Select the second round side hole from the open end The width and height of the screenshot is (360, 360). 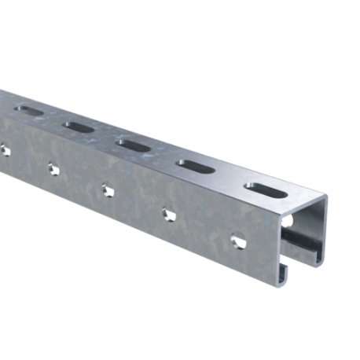tap(167, 212)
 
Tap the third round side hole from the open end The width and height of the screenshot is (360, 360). tap(106, 188)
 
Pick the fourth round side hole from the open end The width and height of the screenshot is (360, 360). tap(53, 167)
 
